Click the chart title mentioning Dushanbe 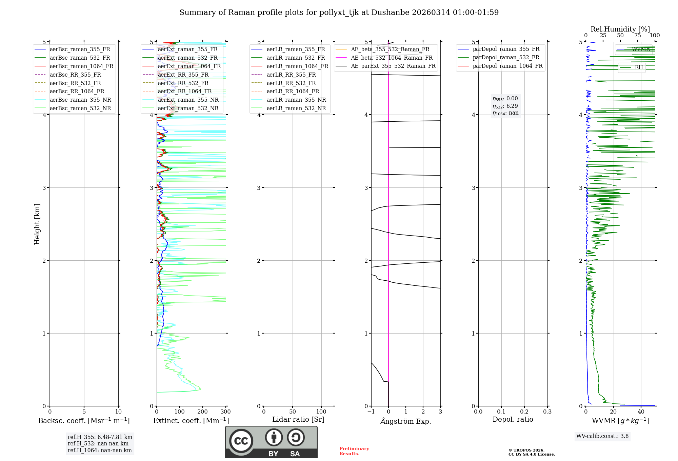point(339,13)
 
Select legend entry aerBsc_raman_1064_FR point(81,66)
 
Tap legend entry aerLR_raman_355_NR point(296,100)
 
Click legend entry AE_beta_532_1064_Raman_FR point(392,58)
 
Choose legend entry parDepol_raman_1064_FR point(507,66)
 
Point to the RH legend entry point(639,67)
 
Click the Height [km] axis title point(37,224)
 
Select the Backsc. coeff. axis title point(84,421)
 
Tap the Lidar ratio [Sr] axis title point(298,419)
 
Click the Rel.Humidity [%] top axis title point(620,29)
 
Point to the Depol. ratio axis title point(513,419)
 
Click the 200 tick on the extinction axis point(202,412)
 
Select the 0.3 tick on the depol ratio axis point(547,412)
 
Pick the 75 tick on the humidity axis point(637,36)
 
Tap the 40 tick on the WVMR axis point(641,412)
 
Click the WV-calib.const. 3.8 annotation point(602,436)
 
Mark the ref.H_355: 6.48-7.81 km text point(100,437)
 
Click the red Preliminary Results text point(354,451)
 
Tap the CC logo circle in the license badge point(241,441)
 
